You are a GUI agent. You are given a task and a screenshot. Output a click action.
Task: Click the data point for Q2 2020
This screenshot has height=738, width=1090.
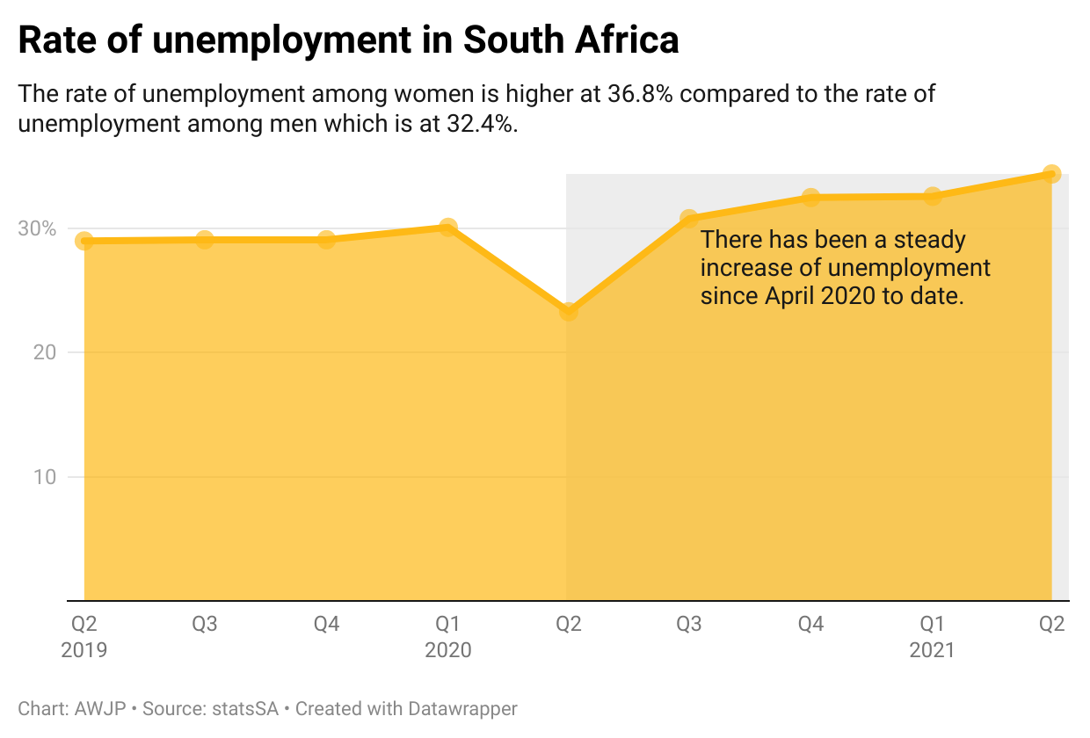[569, 311]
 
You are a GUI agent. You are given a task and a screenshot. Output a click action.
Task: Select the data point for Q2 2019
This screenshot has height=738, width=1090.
[84, 241]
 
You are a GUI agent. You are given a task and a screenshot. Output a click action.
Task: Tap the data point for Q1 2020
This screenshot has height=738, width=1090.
[447, 228]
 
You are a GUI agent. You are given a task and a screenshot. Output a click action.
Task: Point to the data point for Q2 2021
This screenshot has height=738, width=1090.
[1051, 174]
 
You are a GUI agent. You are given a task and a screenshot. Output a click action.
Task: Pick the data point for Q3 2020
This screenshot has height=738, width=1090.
[689, 218]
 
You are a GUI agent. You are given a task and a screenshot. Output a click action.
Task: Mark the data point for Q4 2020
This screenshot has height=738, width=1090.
[810, 198]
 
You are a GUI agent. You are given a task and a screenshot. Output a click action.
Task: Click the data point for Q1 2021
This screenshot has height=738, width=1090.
[932, 196]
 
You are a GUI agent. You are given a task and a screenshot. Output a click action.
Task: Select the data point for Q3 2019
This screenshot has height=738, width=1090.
[205, 239]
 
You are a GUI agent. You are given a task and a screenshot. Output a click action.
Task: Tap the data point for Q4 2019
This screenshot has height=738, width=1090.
[326, 239]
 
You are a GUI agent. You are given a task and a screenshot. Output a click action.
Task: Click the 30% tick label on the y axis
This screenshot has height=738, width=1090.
[37, 228]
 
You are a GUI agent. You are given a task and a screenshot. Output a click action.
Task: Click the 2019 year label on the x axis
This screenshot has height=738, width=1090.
[84, 651]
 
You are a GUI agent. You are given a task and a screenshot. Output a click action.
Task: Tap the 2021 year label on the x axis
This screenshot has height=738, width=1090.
[932, 651]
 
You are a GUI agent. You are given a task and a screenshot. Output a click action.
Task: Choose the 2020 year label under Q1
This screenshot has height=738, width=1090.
[447, 651]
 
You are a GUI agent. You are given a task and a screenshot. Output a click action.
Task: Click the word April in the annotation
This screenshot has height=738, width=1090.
[790, 296]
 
